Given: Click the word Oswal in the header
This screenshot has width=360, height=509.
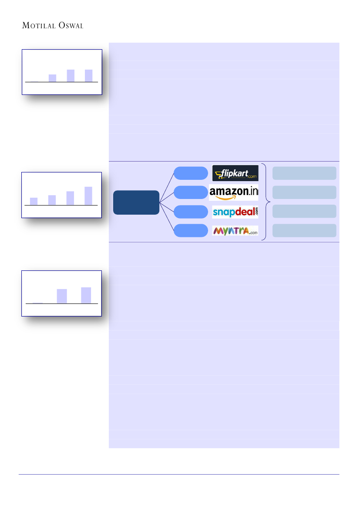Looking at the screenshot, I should coord(71,26).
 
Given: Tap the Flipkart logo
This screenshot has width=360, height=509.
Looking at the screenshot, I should coord(235,173).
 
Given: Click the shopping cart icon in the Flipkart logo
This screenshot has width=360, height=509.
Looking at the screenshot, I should coord(219,175).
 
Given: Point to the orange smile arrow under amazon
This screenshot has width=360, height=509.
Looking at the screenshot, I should coord(231,197).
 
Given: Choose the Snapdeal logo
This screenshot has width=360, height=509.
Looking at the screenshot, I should coord(235,212).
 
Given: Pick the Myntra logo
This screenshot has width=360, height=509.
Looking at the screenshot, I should coord(235,230).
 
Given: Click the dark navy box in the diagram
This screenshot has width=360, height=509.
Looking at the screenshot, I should coord(136,202).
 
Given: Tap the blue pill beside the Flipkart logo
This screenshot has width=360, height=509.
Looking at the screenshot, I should coord(191,173).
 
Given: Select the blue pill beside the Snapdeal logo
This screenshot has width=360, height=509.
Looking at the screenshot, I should coord(191,212).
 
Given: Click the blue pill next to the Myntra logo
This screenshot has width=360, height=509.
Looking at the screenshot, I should coord(191,231).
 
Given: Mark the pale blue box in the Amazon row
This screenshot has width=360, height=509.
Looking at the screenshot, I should coord(304,192).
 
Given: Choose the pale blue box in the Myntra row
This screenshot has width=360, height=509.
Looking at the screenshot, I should coord(304,230).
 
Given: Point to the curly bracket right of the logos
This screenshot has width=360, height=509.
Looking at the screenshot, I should coord(266,202).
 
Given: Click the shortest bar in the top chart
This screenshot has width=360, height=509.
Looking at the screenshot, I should coord(52,78).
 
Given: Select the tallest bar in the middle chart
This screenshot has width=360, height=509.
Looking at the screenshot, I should coord(88,196).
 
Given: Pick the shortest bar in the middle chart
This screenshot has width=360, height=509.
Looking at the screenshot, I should coord(34,201).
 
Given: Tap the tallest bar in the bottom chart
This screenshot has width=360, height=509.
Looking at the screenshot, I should coord(86,295).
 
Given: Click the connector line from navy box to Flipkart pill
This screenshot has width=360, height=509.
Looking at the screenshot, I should coord(167,187).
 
